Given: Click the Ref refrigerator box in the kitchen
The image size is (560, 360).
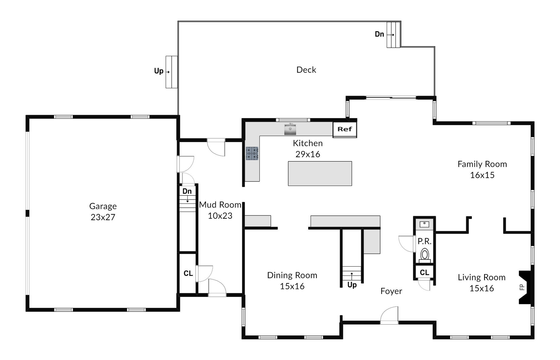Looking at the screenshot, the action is (345, 129).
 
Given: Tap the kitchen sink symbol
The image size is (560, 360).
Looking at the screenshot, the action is (290, 129).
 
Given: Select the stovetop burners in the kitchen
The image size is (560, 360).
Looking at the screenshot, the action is (252, 153).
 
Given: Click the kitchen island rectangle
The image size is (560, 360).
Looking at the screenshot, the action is (320, 173).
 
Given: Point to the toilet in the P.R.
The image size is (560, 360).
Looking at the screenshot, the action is (425, 255).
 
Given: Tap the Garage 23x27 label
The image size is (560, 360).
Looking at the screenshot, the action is (103, 211).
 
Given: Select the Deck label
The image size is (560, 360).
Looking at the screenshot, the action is (306, 70).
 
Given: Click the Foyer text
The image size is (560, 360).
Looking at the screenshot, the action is (391, 291).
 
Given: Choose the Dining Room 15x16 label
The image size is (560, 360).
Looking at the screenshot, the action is (292, 280).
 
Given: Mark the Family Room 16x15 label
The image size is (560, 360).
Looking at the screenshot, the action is (482, 169).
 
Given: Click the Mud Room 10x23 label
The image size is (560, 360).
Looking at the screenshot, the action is (220, 210).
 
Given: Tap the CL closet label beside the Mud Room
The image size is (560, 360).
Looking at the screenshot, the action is (188, 273).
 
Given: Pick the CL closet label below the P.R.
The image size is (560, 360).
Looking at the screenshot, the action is (424, 272).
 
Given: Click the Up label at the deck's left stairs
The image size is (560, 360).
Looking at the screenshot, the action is (159, 71).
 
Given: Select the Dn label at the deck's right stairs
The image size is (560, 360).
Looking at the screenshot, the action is (379, 34).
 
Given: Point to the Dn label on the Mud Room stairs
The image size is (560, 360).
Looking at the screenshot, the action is (187, 191).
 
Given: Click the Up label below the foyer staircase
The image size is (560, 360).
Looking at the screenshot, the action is (352, 285).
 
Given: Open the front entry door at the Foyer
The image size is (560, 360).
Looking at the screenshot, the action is (389, 315).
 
